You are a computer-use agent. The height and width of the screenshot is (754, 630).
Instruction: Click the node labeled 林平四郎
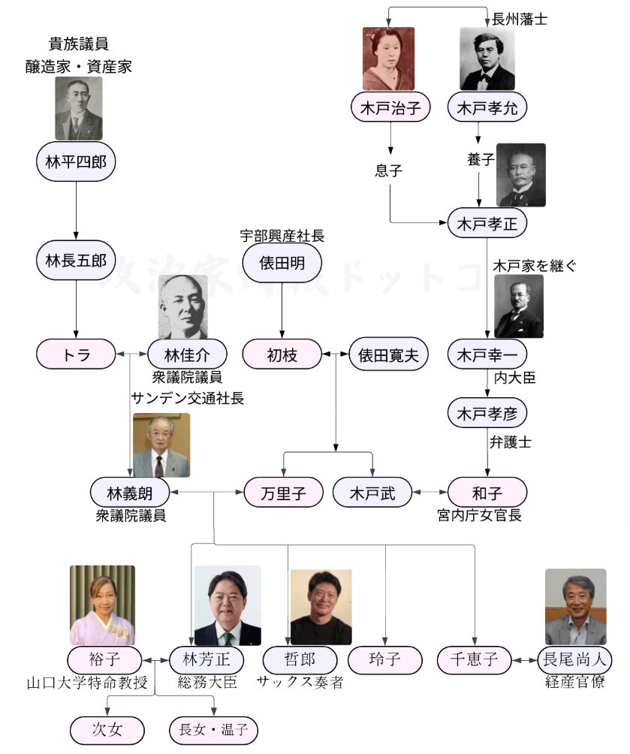pyautogui.click(x=76, y=161)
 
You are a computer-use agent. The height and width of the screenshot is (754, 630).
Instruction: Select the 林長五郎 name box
pyautogui.click(x=76, y=261)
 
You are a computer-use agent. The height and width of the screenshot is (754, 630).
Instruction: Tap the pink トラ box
pyautogui.click(x=76, y=354)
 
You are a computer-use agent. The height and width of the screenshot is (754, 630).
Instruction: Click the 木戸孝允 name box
pyautogui.click(x=487, y=107)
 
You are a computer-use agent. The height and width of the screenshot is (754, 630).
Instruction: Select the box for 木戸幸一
pyautogui.click(x=487, y=354)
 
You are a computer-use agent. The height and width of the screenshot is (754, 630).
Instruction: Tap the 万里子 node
pyautogui.click(x=282, y=493)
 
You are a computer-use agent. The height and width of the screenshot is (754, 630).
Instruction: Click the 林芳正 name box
pyautogui.click(x=205, y=661)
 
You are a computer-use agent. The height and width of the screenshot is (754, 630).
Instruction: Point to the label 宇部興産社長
pyautogui.click(x=282, y=236)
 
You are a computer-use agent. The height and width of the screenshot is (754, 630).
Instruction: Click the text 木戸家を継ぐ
pyautogui.click(x=535, y=266)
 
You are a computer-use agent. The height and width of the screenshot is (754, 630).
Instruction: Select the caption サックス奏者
pyautogui.click(x=300, y=683)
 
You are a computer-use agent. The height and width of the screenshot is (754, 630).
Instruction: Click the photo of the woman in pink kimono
pyautogui.click(x=102, y=605)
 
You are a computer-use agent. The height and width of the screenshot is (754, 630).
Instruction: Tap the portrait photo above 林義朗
pyautogui.click(x=161, y=445)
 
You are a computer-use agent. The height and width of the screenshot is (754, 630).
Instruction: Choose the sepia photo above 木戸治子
pyautogui.click(x=388, y=59)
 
